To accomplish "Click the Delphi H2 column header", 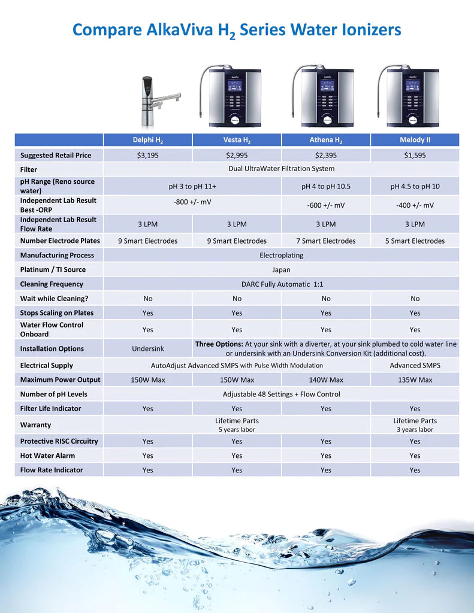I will click(147, 140).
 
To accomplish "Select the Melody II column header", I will click(415, 140).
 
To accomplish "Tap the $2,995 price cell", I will click(237, 155).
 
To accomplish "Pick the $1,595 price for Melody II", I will click(415, 155).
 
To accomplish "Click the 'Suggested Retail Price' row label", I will click(56, 155).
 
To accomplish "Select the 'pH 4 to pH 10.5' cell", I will click(325, 186).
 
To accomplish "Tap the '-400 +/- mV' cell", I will click(415, 205).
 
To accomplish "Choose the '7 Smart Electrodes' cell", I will click(325, 241).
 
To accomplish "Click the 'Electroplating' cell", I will click(281, 255).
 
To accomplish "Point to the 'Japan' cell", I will click(281, 269).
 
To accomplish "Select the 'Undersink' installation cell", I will click(147, 348).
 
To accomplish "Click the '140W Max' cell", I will click(325, 380).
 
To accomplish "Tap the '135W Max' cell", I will click(415, 380).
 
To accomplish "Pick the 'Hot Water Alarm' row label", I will click(47, 456).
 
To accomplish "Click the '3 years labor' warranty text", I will click(415, 429).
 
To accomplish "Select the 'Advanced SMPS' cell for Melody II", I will click(415, 365).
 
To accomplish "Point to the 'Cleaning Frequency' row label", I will click(52, 284).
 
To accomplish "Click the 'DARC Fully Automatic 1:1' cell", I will click(281, 284).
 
